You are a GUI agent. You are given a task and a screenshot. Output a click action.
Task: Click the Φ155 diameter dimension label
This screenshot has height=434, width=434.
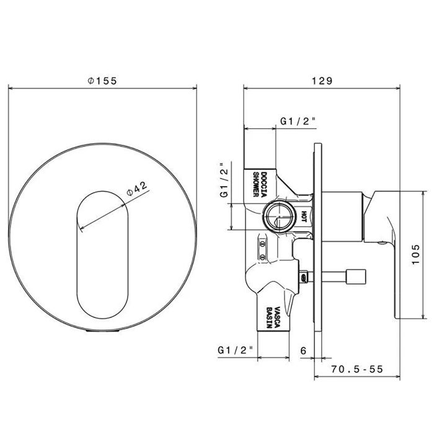[102, 81]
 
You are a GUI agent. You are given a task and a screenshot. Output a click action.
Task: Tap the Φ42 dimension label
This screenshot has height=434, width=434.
[137, 188]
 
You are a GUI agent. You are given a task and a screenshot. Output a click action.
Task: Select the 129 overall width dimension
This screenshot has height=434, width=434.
[322, 81]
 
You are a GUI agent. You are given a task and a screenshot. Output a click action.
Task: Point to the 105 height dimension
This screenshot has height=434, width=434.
[416, 254]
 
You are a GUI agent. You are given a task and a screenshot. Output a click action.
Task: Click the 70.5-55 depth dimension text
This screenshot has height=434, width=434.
[357, 369]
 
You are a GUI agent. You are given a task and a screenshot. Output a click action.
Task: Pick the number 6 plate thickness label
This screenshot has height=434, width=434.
[303, 351]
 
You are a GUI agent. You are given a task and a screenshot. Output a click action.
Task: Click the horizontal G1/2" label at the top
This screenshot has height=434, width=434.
[298, 122]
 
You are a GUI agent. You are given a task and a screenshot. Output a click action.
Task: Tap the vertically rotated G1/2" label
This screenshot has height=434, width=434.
[224, 179]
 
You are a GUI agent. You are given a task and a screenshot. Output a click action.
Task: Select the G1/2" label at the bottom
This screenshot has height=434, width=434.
[235, 350]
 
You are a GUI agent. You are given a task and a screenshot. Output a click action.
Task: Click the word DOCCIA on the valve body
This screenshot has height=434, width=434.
[263, 184]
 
